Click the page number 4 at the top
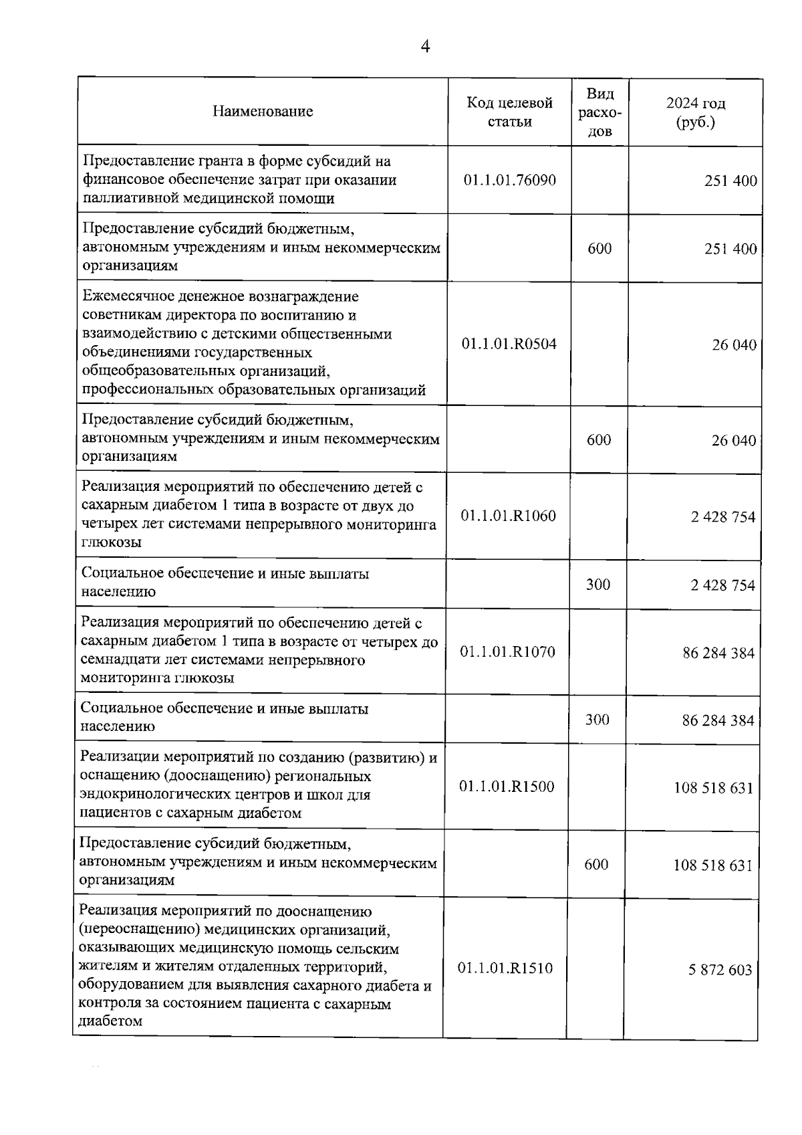[425, 46]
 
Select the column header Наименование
[263, 112]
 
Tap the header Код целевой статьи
[509, 112]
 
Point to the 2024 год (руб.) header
[695, 112]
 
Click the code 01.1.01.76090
[509, 180]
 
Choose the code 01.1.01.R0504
[509, 344]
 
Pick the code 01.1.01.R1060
[508, 516]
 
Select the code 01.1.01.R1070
[507, 651]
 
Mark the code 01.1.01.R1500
[507, 787]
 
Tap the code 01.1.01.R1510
[505, 968]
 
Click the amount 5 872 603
[720, 970]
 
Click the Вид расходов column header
[599, 112]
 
